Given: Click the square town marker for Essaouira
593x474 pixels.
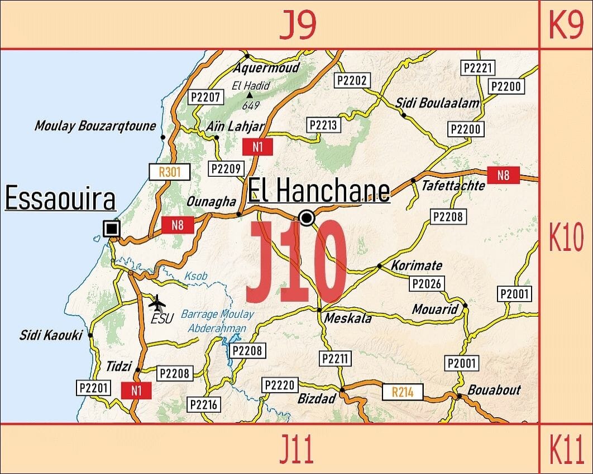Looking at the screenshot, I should tap(112, 228).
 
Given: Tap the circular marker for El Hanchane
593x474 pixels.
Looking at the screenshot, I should tap(307, 217).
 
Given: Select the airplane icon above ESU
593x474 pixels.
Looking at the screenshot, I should tap(158, 303).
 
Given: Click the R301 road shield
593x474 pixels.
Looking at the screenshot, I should tap(170, 172).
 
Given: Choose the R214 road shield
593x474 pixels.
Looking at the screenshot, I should tap(403, 392).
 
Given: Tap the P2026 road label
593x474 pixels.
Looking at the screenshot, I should tap(427, 284).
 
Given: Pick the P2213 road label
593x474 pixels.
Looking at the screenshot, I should tap(323, 125).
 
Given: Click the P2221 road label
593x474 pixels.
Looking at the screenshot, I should tap(479, 67).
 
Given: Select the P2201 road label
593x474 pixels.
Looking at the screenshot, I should tap(93, 388).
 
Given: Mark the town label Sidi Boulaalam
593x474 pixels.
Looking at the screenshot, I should tap(437, 103).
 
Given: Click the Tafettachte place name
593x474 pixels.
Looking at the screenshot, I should tap(453, 186).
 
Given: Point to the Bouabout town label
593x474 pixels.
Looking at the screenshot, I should tap(494, 390).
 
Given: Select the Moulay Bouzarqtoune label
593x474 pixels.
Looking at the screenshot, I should tap(95, 126).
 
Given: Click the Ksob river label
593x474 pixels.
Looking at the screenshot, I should tap(195, 277).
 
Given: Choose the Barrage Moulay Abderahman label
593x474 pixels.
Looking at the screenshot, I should tap(217, 321).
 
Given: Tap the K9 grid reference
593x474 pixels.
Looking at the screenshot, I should tap(566, 25).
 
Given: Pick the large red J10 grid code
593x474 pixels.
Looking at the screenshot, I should tap(297, 262).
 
